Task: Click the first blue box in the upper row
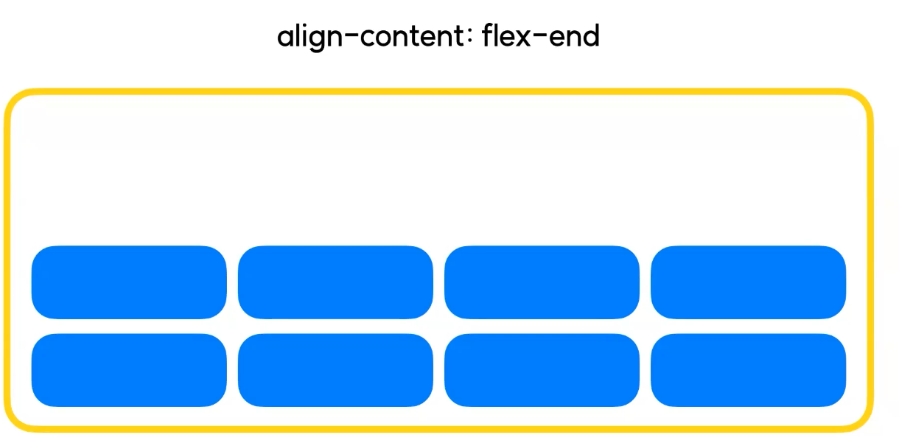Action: pos(129,282)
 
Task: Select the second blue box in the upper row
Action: pos(335,282)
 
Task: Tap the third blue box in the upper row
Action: pos(542,282)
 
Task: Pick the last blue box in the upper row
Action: pos(748,282)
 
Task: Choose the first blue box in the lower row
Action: pos(129,370)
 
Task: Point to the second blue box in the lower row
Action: pos(335,370)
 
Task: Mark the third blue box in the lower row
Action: pos(542,370)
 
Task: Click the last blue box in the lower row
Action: pos(748,370)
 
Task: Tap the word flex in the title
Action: pos(507,35)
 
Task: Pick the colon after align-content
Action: pos(469,38)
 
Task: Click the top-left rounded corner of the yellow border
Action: pos(15,100)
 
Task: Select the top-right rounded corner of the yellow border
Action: pos(861,100)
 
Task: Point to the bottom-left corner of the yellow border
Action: pos(15,420)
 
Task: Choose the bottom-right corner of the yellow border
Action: pos(861,420)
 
